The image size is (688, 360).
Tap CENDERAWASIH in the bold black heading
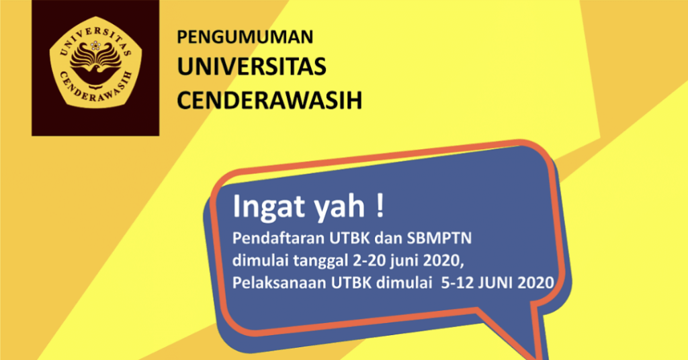coord(269,99)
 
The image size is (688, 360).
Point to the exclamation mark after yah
coord(381,206)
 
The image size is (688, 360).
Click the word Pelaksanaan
coord(279,283)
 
